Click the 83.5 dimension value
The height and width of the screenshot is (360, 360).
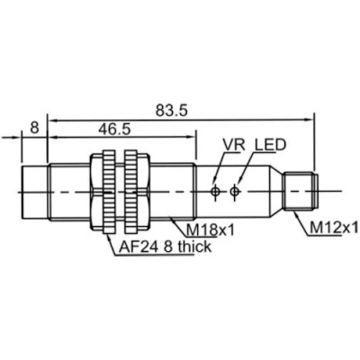point(171,111)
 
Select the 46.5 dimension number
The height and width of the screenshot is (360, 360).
point(115,130)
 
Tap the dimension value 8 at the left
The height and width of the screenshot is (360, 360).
point(34,128)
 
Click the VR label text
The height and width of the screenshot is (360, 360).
point(234,145)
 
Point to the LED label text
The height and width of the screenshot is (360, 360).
point(270,145)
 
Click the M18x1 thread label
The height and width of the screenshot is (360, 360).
point(210,230)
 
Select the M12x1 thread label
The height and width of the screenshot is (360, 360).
point(334,229)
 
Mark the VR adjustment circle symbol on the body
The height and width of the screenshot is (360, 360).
point(215,191)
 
